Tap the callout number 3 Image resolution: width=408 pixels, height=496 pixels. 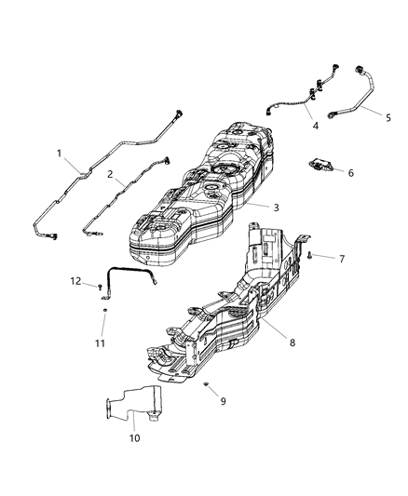pos(275,208)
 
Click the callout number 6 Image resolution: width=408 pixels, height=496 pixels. pos(351,173)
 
